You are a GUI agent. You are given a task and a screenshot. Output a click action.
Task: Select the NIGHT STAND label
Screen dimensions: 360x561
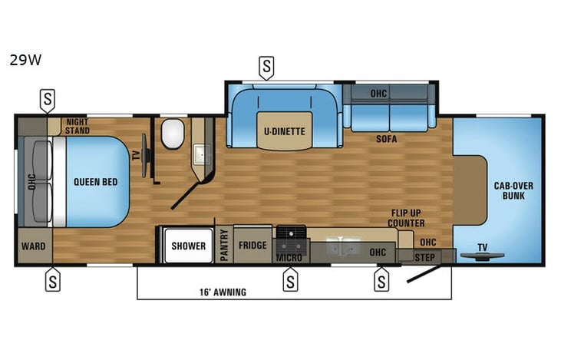tap(78, 126)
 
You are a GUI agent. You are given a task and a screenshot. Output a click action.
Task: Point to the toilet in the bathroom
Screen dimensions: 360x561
tap(172, 134)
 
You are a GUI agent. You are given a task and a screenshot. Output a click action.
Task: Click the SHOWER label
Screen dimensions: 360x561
tap(188, 246)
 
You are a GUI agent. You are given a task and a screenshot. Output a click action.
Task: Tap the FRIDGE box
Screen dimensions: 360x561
tap(252, 246)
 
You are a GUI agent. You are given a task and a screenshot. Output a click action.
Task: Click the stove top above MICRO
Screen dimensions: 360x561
tap(291, 234)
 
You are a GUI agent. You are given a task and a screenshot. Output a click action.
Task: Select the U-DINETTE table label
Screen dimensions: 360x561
tap(285, 131)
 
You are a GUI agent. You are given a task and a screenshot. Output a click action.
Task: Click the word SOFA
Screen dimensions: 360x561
tap(386, 140)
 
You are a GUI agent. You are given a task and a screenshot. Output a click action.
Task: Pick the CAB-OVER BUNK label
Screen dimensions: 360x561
tap(513, 190)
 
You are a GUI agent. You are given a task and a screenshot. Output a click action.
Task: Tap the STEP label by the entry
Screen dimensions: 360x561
tap(424, 257)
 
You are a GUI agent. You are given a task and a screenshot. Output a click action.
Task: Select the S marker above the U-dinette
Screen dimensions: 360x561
tap(266, 68)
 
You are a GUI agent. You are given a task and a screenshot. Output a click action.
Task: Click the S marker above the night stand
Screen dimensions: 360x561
tap(48, 99)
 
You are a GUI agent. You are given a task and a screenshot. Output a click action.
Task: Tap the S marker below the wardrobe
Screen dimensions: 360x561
tap(52, 280)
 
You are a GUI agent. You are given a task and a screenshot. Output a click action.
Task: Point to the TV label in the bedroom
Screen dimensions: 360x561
tap(137, 154)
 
